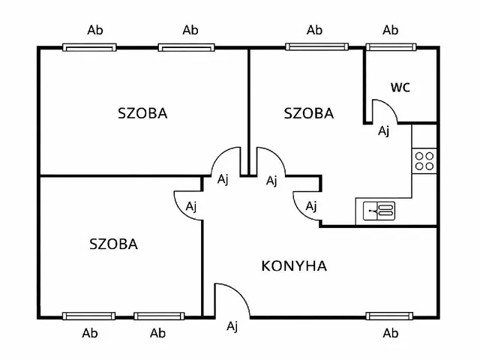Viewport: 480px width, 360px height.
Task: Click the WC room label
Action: pos(400,87)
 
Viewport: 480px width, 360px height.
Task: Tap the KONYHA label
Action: pos(293,265)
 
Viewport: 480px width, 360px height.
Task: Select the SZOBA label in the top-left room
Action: pos(142,114)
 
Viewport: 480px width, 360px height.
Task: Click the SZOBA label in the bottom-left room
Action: pos(113,244)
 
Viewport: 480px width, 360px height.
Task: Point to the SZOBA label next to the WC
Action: pos(308,114)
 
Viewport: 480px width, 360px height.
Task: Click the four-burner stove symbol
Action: pos(424,160)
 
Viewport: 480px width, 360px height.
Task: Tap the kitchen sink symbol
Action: pos(379,211)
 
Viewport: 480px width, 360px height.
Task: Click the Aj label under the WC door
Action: pos(383,131)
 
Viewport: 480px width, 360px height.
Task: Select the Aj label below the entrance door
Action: pos(232,325)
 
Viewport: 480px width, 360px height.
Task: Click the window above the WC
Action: pos(390,47)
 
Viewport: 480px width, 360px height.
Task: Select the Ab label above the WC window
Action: pos(390,31)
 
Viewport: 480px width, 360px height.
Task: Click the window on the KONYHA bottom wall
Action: pos(390,316)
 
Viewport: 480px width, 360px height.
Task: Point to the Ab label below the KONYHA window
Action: pos(390,333)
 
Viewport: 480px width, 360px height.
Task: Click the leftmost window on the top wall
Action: pos(89,47)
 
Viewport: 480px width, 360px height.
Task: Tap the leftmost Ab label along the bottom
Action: pos(89,333)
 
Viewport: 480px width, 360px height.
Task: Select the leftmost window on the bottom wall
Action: pos(89,316)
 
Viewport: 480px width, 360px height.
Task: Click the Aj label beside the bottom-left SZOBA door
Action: pos(191,205)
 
